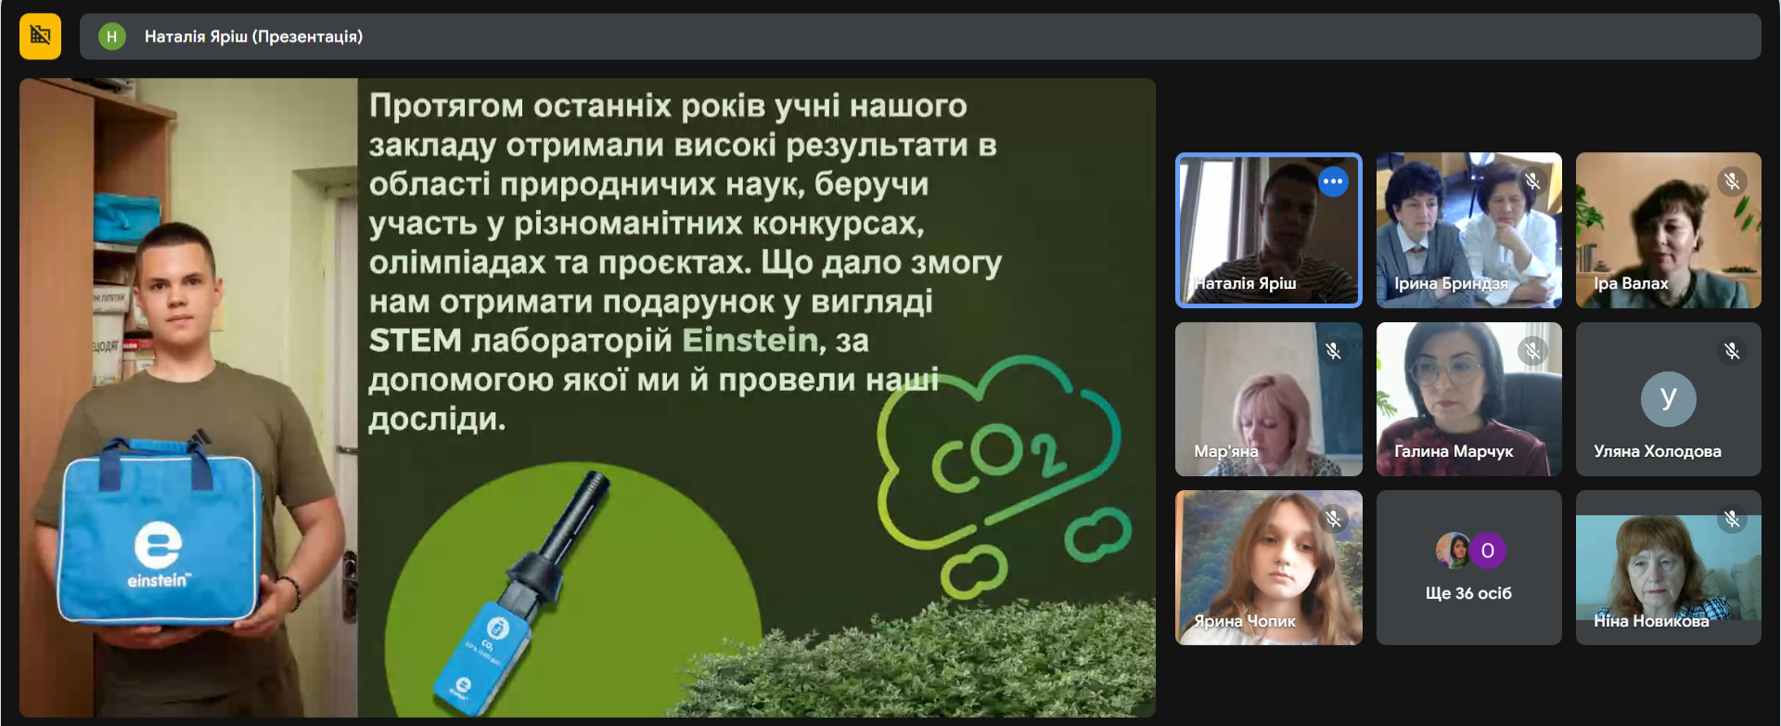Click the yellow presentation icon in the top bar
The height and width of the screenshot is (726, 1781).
pyautogui.click(x=40, y=36)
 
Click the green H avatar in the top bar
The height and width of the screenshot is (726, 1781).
pyautogui.click(x=111, y=36)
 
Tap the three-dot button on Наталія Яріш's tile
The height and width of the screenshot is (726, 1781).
pyautogui.click(x=1333, y=181)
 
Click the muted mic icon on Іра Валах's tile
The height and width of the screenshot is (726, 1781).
pyautogui.click(x=1732, y=181)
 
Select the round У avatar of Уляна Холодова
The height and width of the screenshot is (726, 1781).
pyautogui.click(x=1668, y=399)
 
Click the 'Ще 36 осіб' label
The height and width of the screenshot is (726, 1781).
pyautogui.click(x=1468, y=593)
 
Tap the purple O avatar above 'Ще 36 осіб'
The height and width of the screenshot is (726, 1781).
pyautogui.click(x=1487, y=551)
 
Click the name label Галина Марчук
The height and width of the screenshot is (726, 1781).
pyautogui.click(x=1454, y=451)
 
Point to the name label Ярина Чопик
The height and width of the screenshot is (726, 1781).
pyautogui.click(x=1245, y=621)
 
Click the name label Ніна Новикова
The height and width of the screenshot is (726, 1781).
pyautogui.click(x=1651, y=621)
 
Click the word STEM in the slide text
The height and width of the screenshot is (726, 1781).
pyautogui.click(x=415, y=341)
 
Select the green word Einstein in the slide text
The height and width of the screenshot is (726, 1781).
pyautogui.click(x=750, y=341)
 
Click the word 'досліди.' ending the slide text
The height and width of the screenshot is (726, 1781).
pyautogui.click(x=437, y=420)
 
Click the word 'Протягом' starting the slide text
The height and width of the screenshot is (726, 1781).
pyautogui.click(x=446, y=107)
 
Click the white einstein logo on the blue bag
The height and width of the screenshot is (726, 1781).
pyautogui.click(x=158, y=554)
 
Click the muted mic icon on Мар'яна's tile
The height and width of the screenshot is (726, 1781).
pyautogui.click(x=1333, y=351)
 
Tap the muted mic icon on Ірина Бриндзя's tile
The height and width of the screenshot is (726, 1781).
pyautogui.click(x=1532, y=181)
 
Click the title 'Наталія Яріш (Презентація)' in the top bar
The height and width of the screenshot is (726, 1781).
pyautogui.click(x=253, y=37)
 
